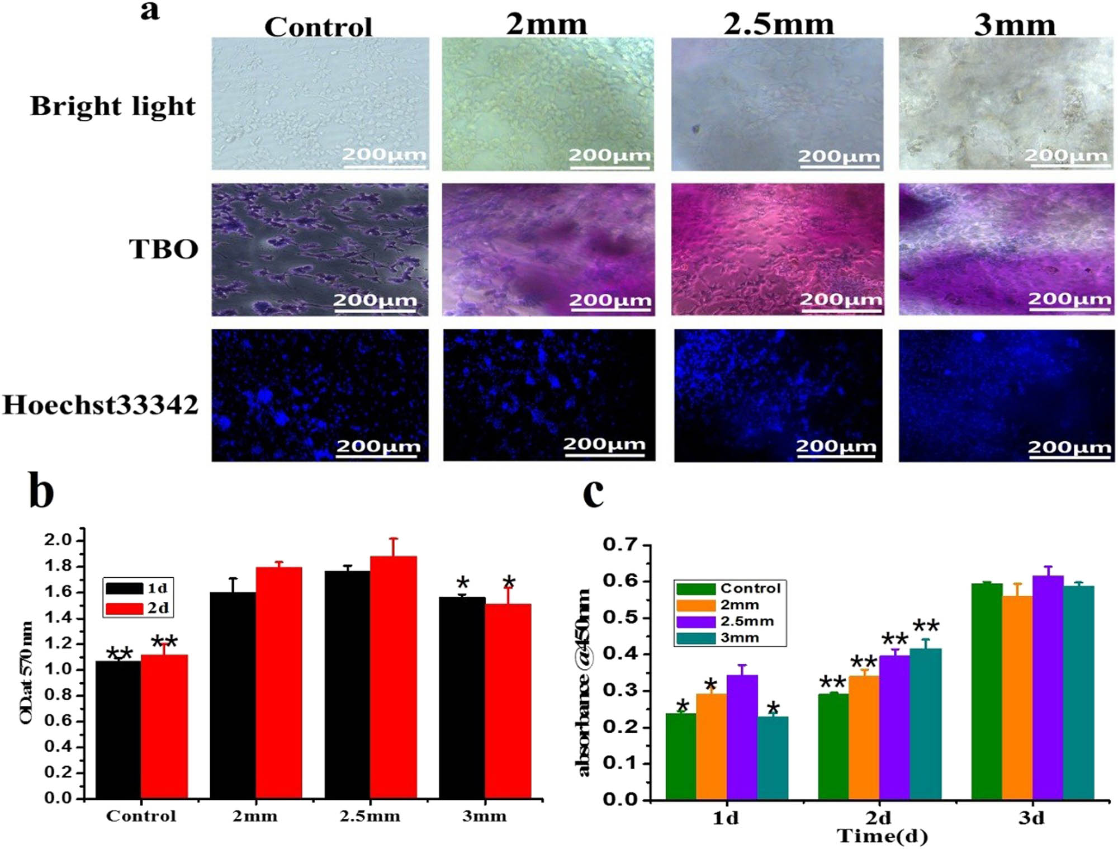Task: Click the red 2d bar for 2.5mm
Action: click(x=393, y=677)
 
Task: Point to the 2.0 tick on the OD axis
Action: click(x=58, y=540)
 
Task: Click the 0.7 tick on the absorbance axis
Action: click(x=620, y=544)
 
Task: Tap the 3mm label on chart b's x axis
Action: click(x=484, y=816)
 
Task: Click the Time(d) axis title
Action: click(x=882, y=837)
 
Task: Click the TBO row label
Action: click(x=163, y=249)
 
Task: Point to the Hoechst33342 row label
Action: click(x=101, y=405)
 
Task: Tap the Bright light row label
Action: click(x=113, y=106)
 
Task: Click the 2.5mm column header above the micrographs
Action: click(x=778, y=25)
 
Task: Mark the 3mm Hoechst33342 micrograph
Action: click(x=1006, y=395)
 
